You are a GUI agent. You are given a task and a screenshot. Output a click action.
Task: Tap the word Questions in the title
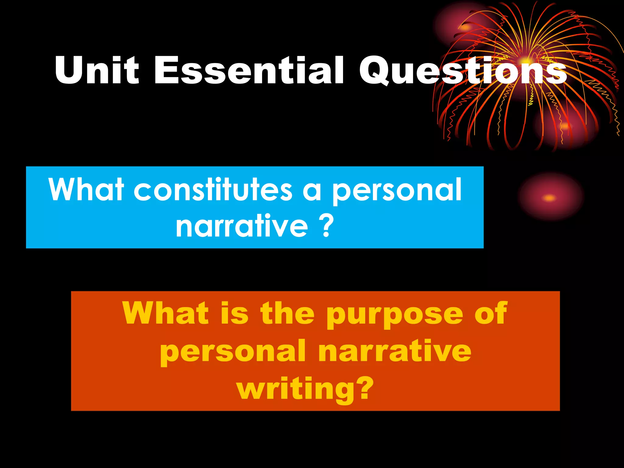point(463,71)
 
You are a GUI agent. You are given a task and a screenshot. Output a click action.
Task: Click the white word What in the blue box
point(86,190)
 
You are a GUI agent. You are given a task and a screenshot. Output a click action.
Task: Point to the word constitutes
point(213,190)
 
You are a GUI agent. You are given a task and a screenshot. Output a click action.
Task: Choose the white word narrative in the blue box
point(242,226)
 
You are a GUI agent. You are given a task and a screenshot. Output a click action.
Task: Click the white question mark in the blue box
point(326,226)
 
